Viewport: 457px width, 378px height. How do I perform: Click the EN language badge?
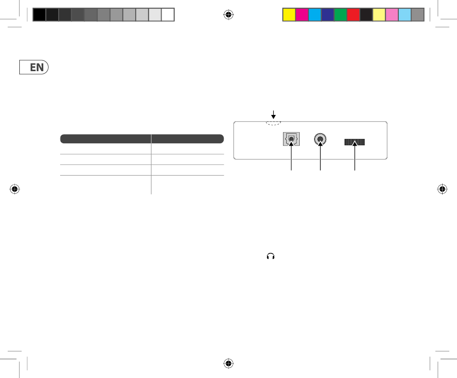[34, 67]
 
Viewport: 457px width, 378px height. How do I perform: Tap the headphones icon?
[271, 256]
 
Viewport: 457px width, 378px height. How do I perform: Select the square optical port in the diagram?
[291, 139]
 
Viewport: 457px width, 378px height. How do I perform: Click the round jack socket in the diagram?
[320, 139]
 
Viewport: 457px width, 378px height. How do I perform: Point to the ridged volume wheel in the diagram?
[355, 142]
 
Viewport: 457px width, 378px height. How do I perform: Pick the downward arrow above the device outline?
[273, 114]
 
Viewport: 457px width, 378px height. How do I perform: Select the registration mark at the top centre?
[228, 14]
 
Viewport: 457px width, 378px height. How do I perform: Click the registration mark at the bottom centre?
[228, 363]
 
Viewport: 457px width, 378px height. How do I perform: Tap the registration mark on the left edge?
[14, 189]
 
